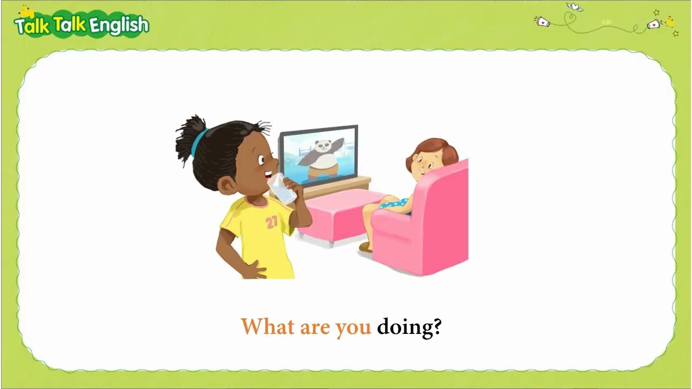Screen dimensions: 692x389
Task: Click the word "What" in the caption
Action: coord(268,327)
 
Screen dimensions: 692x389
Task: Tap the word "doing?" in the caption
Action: coord(410,328)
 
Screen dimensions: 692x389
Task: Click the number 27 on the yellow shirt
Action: coord(271,222)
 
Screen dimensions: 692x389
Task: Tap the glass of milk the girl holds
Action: coord(282,189)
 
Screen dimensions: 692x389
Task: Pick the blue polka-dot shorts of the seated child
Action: coord(395,205)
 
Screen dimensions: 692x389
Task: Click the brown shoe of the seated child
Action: coord(366,247)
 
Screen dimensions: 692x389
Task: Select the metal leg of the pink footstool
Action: coord(331,244)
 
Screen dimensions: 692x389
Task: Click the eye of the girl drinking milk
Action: coord(261,160)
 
